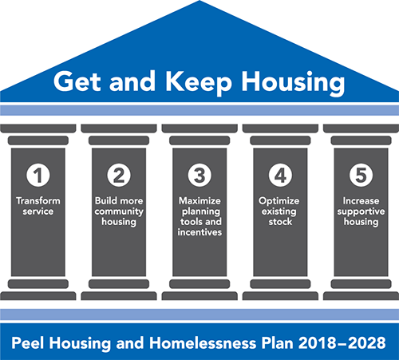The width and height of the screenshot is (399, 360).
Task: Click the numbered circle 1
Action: (x=38, y=176)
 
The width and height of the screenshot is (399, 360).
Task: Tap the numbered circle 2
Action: (x=119, y=176)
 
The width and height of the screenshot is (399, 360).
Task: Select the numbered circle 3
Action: (x=199, y=176)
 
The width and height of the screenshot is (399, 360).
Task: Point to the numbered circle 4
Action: (x=280, y=176)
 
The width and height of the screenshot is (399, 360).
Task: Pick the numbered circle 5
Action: (x=361, y=176)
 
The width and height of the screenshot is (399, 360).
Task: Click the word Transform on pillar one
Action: (x=38, y=201)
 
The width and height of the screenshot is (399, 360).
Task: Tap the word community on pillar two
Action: (x=119, y=212)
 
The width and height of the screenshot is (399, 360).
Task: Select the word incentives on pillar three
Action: (x=199, y=232)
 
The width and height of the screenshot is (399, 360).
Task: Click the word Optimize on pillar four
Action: (x=279, y=201)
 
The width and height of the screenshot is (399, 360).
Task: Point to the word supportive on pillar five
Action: (x=361, y=212)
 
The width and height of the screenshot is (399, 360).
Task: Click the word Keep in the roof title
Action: (x=199, y=82)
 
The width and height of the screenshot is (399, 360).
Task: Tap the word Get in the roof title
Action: (x=77, y=81)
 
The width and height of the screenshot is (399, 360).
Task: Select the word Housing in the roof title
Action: (x=293, y=83)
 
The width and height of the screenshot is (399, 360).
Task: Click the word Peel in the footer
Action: (x=28, y=342)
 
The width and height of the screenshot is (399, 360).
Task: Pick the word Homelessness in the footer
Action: (x=203, y=342)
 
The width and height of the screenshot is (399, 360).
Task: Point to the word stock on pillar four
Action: (x=280, y=222)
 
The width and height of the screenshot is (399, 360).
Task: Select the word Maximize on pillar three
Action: (x=199, y=201)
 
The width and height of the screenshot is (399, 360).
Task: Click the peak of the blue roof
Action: (x=199, y=1)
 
